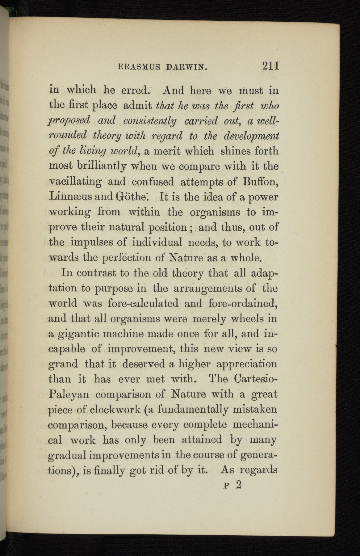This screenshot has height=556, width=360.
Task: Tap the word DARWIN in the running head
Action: point(186,67)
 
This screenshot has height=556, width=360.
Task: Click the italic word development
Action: point(251,136)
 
